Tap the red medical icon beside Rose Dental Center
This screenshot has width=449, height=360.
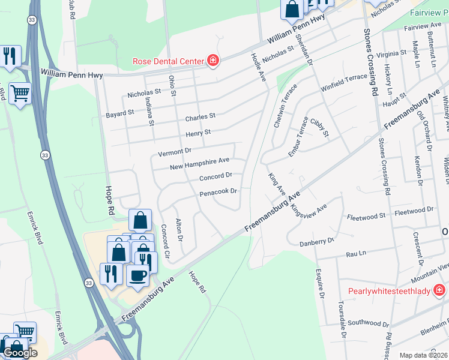pyautogui.click(x=212, y=60)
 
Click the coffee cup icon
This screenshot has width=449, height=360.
pyautogui.click(x=138, y=275)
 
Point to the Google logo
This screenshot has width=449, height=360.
pyautogui.click(x=20, y=353)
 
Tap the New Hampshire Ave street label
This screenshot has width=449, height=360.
pyautogui.click(x=200, y=164)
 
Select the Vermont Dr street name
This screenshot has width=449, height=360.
pyautogui.click(x=174, y=152)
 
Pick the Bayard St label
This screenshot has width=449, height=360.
pyautogui.click(x=119, y=113)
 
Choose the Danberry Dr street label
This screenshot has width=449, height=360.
pyautogui.click(x=316, y=241)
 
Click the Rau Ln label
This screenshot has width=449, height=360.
pyautogui.click(x=356, y=254)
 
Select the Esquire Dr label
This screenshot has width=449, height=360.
pyautogui.click(x=319, y=284)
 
